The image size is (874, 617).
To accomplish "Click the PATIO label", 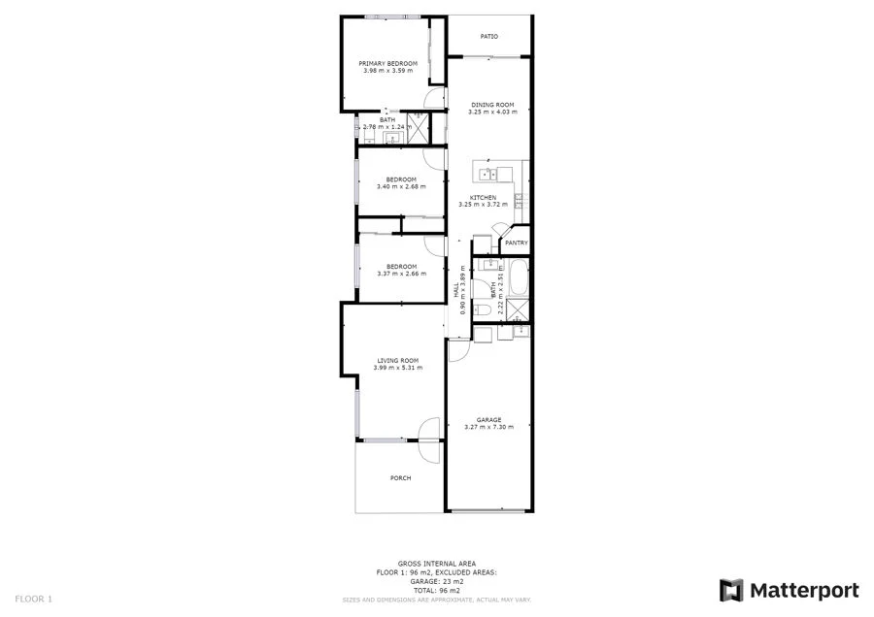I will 489,37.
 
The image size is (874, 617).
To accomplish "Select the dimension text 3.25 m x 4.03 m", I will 493,112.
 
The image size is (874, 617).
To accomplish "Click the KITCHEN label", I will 484,197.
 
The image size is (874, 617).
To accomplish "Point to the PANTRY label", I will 517,243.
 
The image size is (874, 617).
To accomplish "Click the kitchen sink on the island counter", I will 487,175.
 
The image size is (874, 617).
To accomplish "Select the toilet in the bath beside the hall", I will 483,308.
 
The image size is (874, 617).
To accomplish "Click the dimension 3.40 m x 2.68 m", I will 401,186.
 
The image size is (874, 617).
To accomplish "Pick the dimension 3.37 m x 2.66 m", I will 401,274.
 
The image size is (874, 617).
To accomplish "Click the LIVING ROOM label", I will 397,360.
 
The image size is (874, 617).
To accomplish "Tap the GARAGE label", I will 488,419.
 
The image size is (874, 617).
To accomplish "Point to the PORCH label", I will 400,478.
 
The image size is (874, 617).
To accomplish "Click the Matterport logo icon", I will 731,590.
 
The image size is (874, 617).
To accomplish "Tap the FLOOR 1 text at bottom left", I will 34,599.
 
